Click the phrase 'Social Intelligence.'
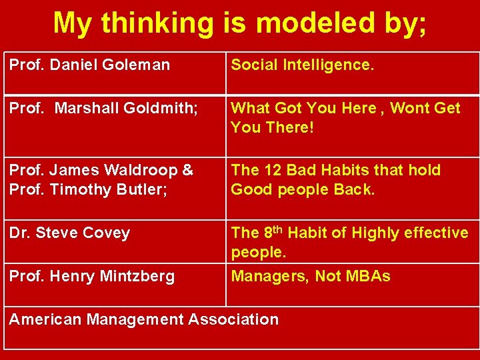tap(303, 65)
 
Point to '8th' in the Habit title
tap(273, 232)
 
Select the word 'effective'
tap(433, 233)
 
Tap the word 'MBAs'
tap(369, 276)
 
